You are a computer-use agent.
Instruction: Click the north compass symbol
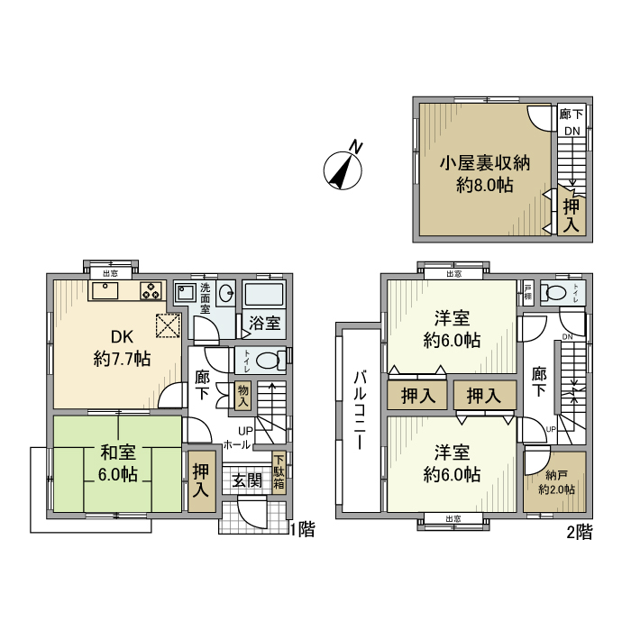click(343, 168)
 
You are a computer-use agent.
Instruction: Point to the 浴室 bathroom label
click(264, 322)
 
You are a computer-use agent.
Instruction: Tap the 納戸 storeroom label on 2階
click(554, 482)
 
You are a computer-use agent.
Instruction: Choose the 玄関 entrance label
click(248, 480)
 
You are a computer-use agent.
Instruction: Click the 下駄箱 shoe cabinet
click(279, 471)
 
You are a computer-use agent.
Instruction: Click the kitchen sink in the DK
click(105, 290)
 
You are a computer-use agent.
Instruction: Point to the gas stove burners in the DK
click(151, 291)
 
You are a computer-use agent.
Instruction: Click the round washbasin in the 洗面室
click(227, 292)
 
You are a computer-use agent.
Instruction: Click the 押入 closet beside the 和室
click(201, 480)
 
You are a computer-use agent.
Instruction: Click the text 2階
click(581, 532)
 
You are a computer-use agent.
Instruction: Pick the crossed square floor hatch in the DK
click(168, 325)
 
